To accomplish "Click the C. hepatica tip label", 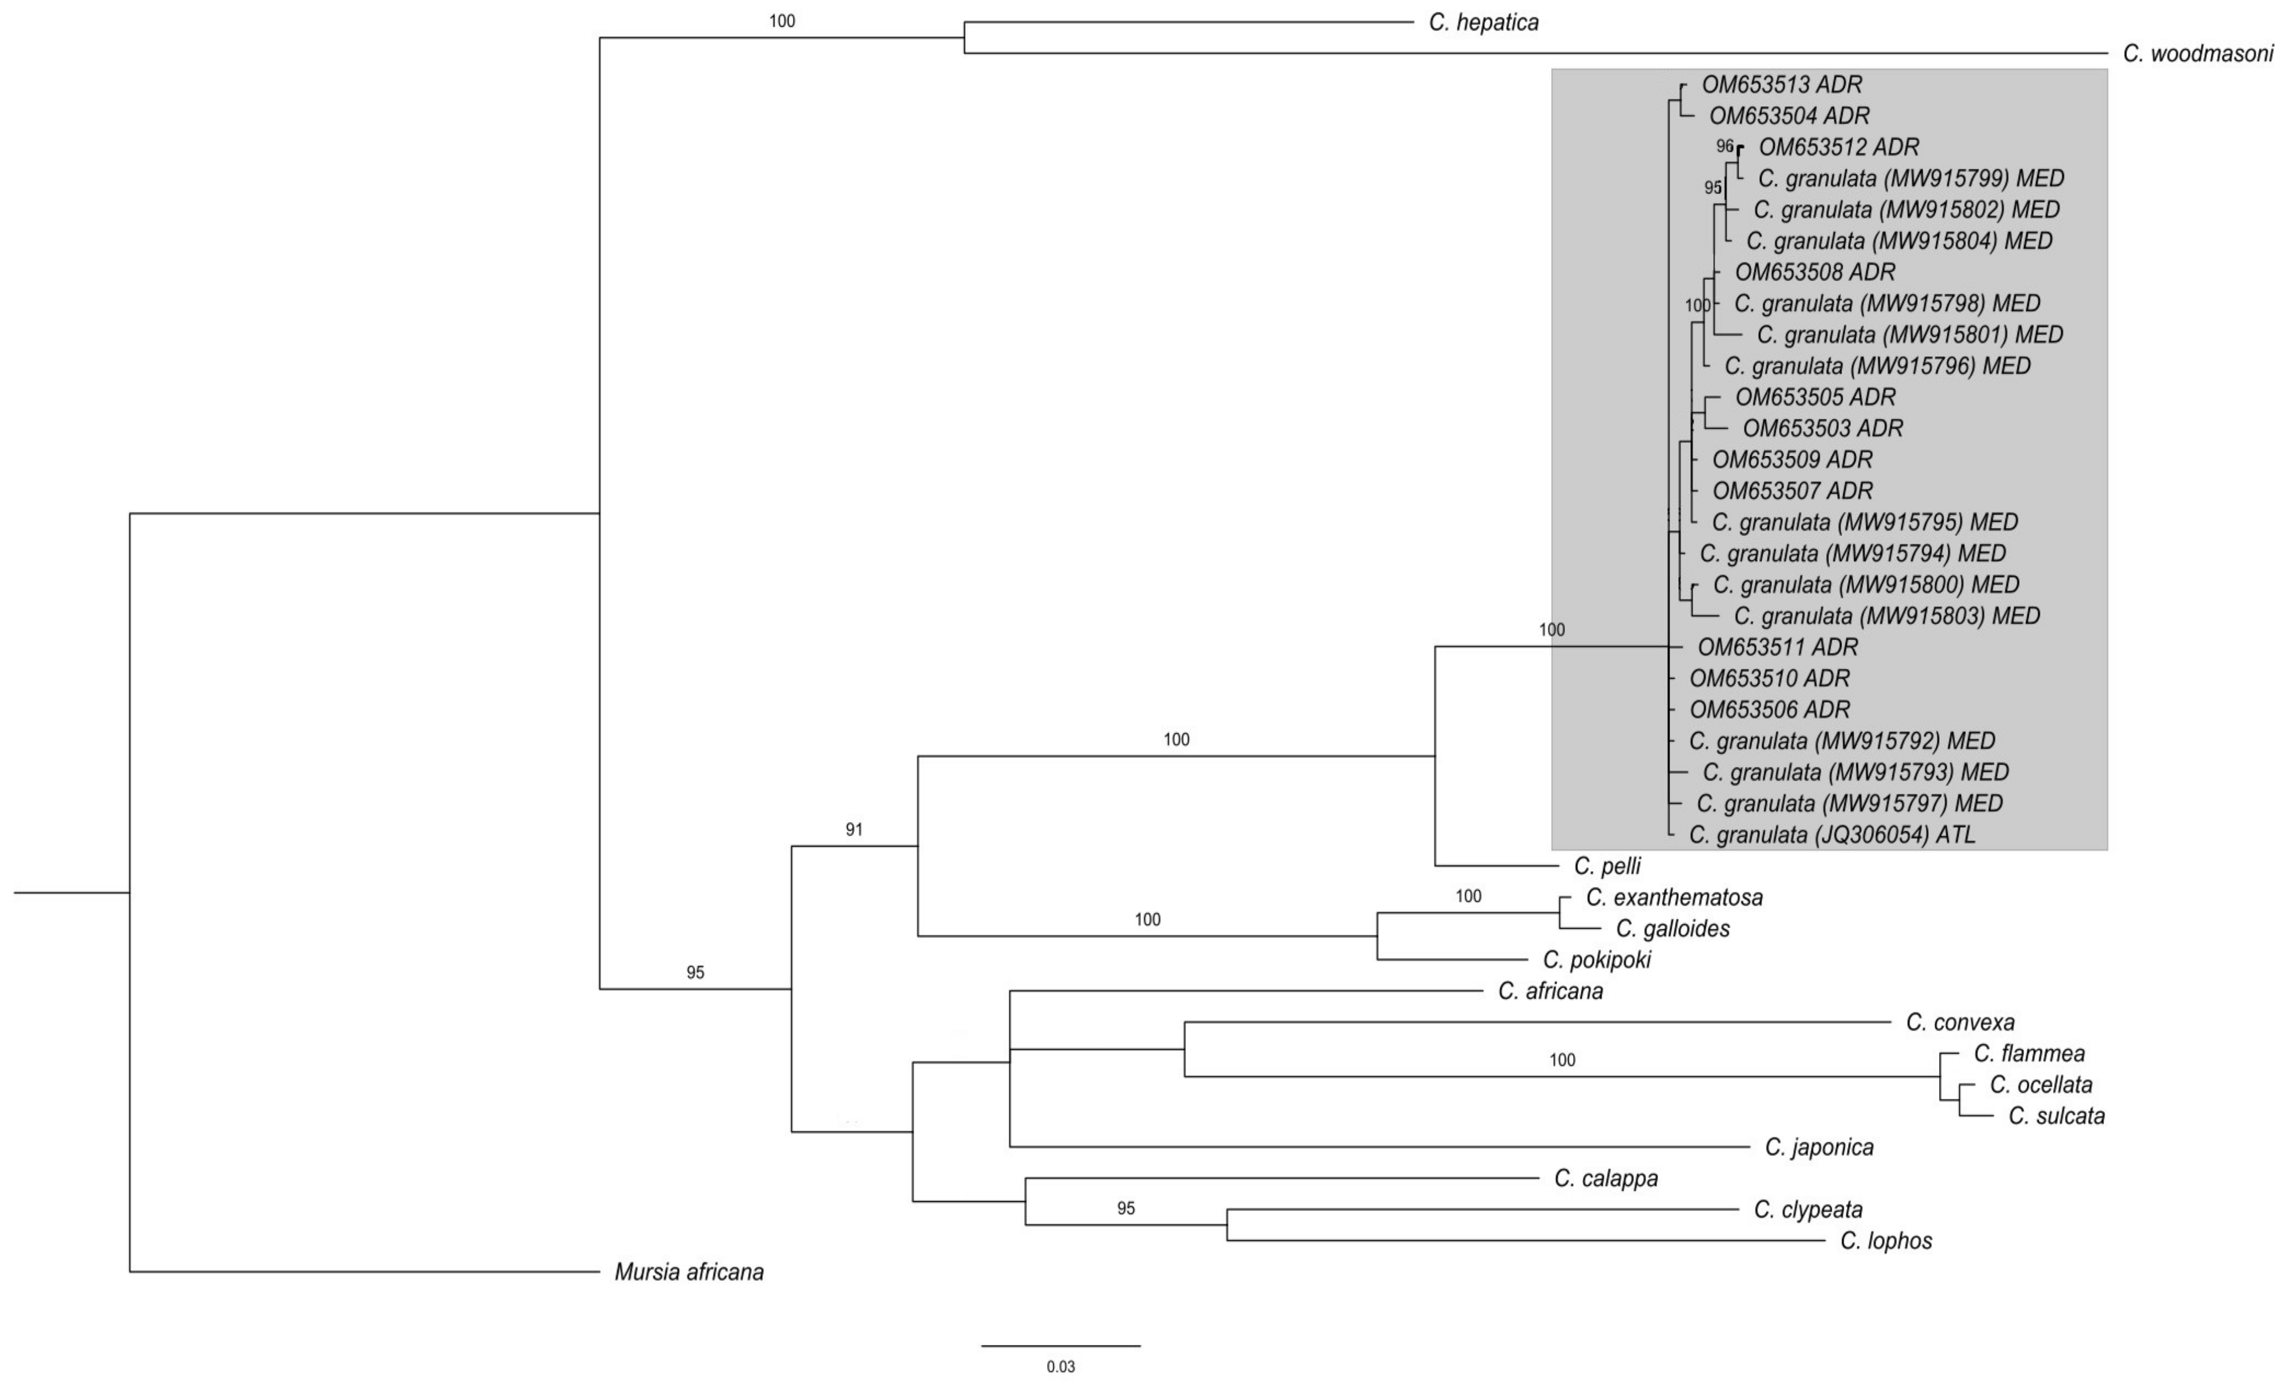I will point(1483,22).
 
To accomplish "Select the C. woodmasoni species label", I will point(2198,54).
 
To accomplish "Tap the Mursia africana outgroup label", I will point(689,1272).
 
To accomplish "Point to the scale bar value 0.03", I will point(1061,1367).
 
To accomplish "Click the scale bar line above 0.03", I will point(1061,1346).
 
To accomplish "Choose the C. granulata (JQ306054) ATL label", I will point(1832,835).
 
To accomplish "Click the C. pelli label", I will point(1607,866).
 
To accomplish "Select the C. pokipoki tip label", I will point(1597,960).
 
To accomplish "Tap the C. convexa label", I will point(1960,1022).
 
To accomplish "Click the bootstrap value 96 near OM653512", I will point(1725,146).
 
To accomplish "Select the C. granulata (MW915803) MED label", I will point(1887,616).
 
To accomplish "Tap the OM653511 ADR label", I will point(1777,647).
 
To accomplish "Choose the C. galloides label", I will point(1673,928).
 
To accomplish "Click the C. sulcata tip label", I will point(2056,1116).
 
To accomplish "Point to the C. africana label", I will point(1550,991).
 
